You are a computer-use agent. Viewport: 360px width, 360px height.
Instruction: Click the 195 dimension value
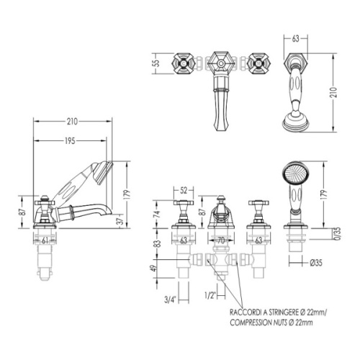pos(70,141)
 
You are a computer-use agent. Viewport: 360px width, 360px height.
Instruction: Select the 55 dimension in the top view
pos(156,63)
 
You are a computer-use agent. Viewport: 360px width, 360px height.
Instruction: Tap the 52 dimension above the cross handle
pos(184,190)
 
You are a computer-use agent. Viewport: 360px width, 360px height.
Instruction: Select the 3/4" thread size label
pos(171,300)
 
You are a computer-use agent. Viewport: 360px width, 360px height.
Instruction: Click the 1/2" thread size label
pos(210,295)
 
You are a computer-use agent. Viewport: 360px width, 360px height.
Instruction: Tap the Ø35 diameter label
pos(316,263)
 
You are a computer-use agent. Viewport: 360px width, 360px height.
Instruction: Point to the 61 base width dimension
pos(45,240)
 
